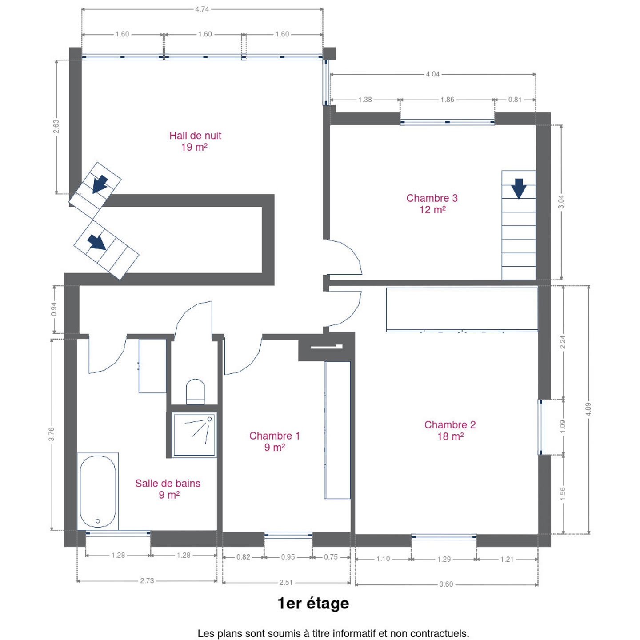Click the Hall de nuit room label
[x=195, y=141]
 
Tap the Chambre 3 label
[x=432, y=204]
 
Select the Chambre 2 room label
[x=450, y=430]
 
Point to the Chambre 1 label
[x=275, y=441]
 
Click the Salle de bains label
[x=168, y=489]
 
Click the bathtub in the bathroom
[x=98, y=491]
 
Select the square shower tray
[x=194, y=434]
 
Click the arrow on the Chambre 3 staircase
[x=518, y=188]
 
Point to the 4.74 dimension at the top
[x=202, y=9]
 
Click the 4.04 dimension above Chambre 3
[x=433, y=74]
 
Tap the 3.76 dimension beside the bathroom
[x=52, y=434]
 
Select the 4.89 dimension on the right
[x=588, y=409]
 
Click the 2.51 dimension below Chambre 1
[x=286, y=583]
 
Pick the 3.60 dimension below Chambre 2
[x=446, y=584]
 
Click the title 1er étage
[x=313, y=604]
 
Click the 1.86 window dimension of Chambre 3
[x=448, y=100]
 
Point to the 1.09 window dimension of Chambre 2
[x=563, y=427]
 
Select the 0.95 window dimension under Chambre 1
[x=288, y=557]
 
